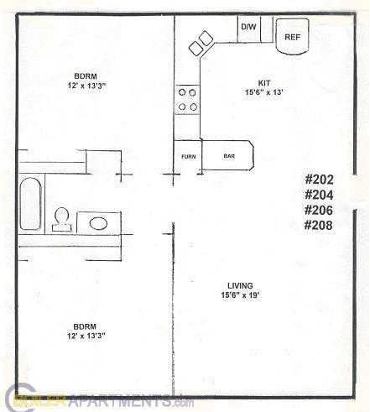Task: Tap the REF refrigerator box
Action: [292, 36]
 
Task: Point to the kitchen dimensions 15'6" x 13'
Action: [263, 93]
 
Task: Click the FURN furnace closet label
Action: [188, 156]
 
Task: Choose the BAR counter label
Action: [228, 156]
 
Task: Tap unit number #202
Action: [320, 179]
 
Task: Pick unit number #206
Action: [320, 210]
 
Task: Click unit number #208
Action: [320, 225]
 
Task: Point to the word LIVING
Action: [239, 285]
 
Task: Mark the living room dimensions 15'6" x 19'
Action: [241, 295]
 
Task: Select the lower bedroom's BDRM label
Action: [83, 326]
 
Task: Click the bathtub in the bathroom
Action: [30, 204]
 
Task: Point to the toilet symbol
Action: [61, 220]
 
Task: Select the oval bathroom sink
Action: [98, 223]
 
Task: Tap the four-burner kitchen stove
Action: [187, 99]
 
